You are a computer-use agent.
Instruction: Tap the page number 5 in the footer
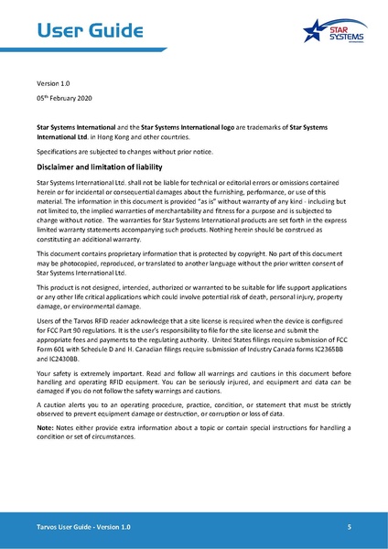(x=349, y=529)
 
